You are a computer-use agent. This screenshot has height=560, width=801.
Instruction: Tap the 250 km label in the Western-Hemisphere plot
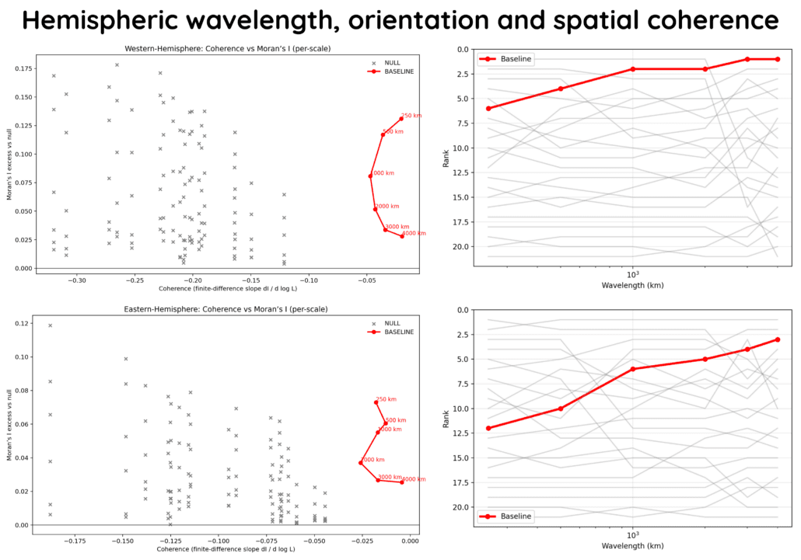tap(412, 116)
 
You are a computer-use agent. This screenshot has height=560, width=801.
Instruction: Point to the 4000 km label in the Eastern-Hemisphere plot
tap(414, 479)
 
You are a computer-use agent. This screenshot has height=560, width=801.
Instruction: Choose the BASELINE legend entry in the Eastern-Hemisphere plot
tap(397, 332)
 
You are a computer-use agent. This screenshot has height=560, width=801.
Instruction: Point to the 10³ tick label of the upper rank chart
tap(632, 273)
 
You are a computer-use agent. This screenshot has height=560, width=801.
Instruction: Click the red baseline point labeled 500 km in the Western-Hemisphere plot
tap(383, 135)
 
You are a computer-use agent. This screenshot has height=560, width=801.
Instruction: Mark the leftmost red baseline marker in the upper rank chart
tap(488, 108)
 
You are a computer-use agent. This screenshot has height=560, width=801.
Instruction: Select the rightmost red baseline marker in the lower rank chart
tap(778, 339)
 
